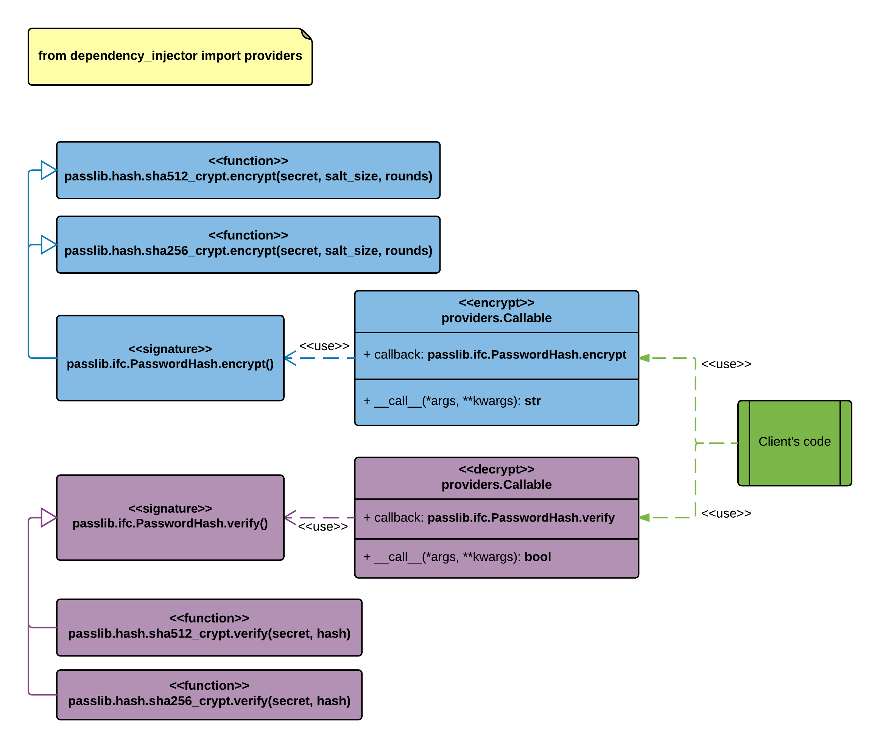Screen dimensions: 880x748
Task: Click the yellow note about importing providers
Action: (x=170, y=57)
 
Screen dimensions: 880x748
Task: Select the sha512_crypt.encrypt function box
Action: (x=248, y=170)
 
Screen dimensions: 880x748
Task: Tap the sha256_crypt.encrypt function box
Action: (x=248, y=245)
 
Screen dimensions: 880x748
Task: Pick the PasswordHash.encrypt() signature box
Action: (x=170, y=358)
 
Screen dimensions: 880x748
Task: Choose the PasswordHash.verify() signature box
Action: (x=170, y=517)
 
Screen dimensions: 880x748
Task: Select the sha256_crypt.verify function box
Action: (x=209, y=695)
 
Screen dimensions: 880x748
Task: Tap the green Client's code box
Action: (x=794, y=443)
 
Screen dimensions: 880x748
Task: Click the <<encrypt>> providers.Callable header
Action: (x=497, y=312)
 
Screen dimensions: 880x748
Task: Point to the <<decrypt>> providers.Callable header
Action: (x=497, y=478)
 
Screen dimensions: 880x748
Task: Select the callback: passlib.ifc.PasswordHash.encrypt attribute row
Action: (x=497, y=356)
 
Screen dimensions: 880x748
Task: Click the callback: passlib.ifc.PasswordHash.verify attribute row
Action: (x=497, y=519)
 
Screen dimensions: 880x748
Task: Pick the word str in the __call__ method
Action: (x=533, y=401)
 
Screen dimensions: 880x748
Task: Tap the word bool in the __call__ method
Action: (x=537, y=557)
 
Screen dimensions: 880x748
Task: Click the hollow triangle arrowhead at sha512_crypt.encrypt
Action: (x=49, y=170)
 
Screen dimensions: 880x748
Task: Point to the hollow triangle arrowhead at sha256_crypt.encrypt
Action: (x=49, y=245)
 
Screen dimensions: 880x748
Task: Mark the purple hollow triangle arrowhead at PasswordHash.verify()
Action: (x=49, y=517)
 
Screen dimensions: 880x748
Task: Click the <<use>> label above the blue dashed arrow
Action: (x=324, y=346)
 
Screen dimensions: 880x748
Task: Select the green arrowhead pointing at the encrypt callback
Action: (x=644, y=358)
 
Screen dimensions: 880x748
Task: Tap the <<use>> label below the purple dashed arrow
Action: (x=323, y=527)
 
